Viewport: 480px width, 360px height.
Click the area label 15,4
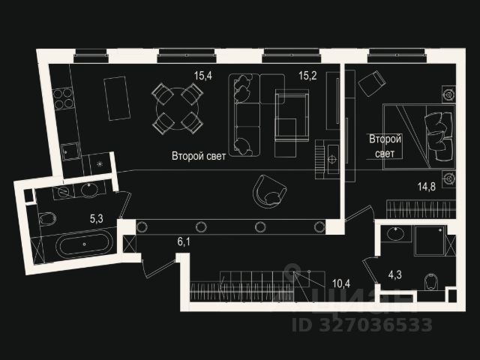(x=203, y=75)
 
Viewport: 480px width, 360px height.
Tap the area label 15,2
(x=307, y=75)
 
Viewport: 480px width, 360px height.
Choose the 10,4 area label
(x=341, y=283)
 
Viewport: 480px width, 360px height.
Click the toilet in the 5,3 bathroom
(x=46, y=220)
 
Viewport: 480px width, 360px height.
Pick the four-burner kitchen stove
(x=64, y=98)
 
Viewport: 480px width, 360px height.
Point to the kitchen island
(x=117, y=97)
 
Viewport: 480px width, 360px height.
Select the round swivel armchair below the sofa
(x=268, y=190)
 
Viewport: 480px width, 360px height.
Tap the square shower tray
(x=427, y=241)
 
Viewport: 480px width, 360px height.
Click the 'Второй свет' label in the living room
(x=196, y=157)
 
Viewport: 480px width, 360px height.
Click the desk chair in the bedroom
(x=371, y=84)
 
